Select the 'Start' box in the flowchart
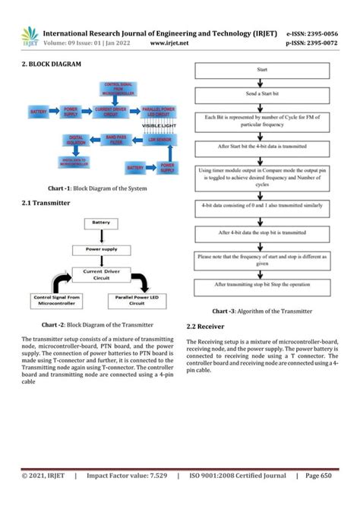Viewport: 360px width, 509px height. point(261,71)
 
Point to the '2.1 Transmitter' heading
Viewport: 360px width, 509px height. point(46,204)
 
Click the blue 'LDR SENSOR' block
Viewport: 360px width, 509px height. point(156,141)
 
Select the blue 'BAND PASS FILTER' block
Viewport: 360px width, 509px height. point(115,141)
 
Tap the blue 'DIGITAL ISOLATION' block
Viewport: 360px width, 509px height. point(76,141)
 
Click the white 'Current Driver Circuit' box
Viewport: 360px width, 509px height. point(104,273)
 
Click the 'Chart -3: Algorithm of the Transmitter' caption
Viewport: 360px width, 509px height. point(261,311)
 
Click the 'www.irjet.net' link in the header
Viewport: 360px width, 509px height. point(169,43)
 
